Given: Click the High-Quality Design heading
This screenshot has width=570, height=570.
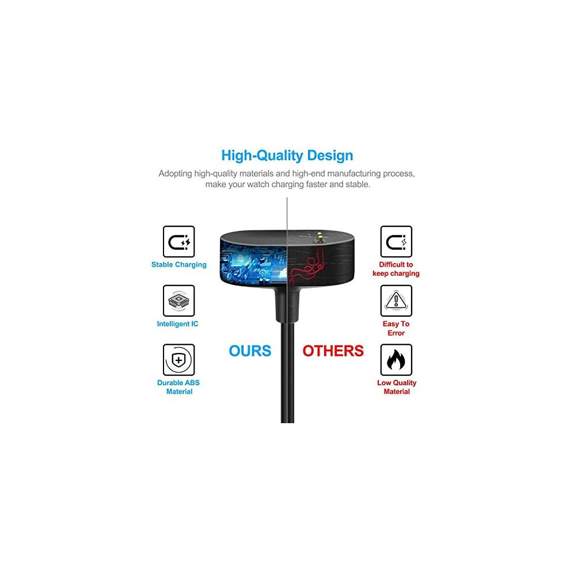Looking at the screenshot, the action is click(287, 155).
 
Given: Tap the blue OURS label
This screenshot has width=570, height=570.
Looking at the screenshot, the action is click(250, 351).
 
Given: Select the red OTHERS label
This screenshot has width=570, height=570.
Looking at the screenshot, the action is click(333, 351).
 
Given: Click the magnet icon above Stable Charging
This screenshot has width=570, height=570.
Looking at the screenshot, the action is click(179, 242).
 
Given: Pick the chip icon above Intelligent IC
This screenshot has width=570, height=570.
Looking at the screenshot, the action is click(179, 301).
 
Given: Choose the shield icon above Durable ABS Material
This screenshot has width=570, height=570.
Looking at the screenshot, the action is click(179, 360).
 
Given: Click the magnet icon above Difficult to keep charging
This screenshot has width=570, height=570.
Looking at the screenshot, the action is click(396, 242).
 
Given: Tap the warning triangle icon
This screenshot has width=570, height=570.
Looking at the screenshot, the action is click(396, 301).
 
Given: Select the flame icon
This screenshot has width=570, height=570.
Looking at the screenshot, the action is click(396, 360).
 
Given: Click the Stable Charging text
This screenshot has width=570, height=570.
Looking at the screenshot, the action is click(179, 265).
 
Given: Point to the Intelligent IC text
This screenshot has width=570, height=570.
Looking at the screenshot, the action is click(177, 324).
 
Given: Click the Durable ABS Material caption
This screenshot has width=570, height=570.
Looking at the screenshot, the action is click(178, 387).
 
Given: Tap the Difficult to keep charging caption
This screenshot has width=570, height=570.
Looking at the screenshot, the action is click(396, 269).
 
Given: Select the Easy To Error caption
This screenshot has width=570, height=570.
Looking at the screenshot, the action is click(396, 328).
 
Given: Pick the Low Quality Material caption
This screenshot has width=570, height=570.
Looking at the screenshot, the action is click(397, 387).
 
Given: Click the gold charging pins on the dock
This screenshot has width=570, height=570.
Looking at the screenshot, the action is click(320, 237).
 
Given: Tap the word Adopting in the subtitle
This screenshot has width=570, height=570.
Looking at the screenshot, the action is click(175, 174).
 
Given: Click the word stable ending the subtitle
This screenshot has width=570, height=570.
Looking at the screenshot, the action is click(358, 184).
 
